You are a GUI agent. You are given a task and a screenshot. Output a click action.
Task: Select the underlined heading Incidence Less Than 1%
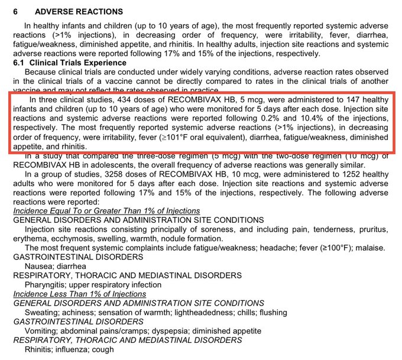click(x=80, y=294)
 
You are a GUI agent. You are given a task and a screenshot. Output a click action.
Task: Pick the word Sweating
click(x=42, y=312)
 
